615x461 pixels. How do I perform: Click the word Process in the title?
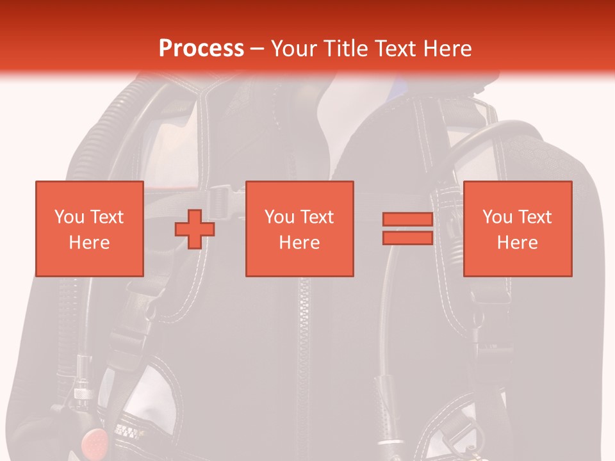click(x=201, y=48)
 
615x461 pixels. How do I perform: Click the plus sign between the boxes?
click(x=195, y=229)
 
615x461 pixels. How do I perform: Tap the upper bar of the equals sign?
click(x=407, y=220)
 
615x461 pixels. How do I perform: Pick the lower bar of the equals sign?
click(x=407, y=238)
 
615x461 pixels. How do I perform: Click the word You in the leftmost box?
click(x=70, y=217)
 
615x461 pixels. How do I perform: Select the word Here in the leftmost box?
click(x=90, y=243)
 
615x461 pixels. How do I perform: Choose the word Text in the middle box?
click(x=316, y=217)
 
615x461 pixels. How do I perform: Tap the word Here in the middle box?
click(x=300, y=243)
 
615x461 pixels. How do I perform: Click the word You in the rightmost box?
click(x=498, y=217)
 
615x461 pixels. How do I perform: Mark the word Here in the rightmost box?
click(x=518, y=243)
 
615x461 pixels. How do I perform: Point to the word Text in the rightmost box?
click(x=534, y=217)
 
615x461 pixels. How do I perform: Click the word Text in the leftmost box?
click(x=106, y=217)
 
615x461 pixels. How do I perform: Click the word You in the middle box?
click(x=280, y=217)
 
